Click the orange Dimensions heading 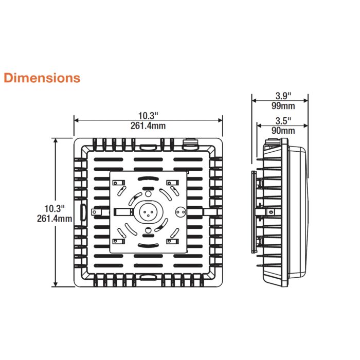click(x=42, y=78)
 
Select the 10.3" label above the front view click(x=148, y=116)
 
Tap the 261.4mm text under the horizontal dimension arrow click(x=148, y=126)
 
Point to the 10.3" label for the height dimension click(x=55, y=208)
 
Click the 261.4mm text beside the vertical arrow click(x=55, y=219)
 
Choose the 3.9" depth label click(x=283, y=96)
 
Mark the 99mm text click(x=283, y=106)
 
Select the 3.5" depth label click(x=283, y=120)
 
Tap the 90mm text click(x=283, y=131)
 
